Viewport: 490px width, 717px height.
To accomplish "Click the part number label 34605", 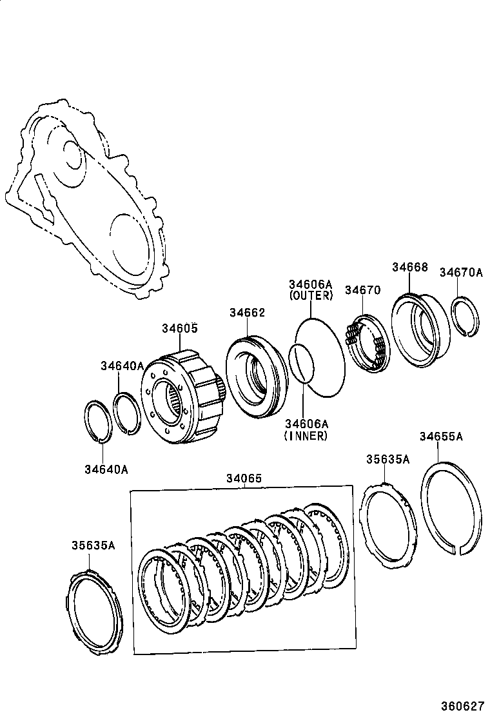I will pos(179,328).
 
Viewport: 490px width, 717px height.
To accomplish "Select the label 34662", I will pos(247,312).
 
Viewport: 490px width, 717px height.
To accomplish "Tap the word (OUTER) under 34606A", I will pos(311,296).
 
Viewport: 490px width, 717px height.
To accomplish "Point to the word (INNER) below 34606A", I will pos(306,436).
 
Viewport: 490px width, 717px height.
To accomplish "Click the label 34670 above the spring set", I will pos(362,290).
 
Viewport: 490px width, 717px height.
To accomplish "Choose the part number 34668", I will pos(409,267).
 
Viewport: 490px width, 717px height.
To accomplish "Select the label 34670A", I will pos(461,272).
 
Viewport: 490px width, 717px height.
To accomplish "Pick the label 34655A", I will pos(441,437).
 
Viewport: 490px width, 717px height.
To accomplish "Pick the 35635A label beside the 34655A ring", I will pos(388,459).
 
